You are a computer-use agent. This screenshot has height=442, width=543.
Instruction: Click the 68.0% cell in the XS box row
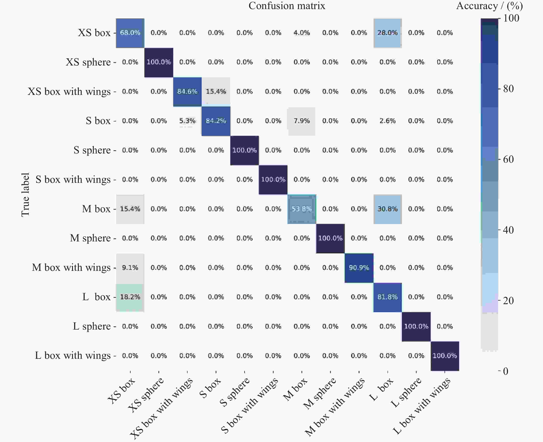tap(130, 33)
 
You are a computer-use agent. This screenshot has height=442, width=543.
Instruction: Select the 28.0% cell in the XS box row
tap(387, 33)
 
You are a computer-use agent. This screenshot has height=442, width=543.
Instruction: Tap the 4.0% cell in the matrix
tap(302, 33)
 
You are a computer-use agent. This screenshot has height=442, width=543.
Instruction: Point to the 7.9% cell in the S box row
tap(302, 121)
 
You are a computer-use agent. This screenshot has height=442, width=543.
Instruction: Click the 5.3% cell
tap(187, 121)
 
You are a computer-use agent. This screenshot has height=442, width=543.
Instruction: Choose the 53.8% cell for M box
tap(302, 209)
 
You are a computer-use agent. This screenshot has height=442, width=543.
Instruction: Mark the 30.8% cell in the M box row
tap(387, 209)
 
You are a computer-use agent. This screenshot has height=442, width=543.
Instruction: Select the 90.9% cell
tap(359, 268)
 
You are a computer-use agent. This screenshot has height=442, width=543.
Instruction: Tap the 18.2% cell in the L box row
tap(130, 297)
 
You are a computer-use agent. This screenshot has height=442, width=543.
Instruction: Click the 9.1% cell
tap(130, 268)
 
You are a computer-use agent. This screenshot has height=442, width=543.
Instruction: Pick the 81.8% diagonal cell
tap(387, 297)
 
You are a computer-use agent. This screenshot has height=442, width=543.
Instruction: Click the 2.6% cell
tap(387, 121)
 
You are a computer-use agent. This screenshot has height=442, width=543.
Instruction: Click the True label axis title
tap(25, 195)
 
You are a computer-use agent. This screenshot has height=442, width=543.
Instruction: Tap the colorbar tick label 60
tap(508, 159)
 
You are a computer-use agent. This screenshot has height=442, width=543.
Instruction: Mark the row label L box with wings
tap(73, 355)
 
